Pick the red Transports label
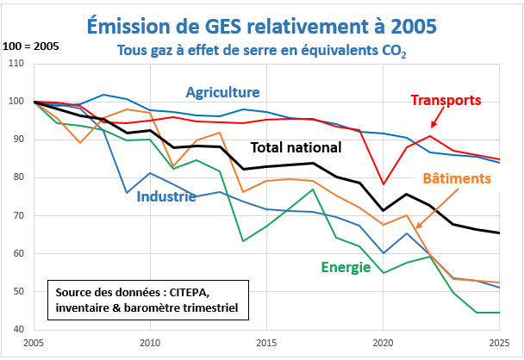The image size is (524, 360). [x=445, y=101]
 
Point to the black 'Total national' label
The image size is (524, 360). [x=297, y=147]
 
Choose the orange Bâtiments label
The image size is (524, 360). [x=457, y=178]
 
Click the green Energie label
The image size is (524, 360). [x=346, y=267]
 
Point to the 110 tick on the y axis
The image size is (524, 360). [x=15, y=64]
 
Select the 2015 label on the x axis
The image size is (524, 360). [x=265, y=342]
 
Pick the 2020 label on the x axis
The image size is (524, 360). [x=382, y=342]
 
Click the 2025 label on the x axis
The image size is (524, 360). [x=498, y=342]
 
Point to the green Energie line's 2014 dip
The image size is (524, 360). [x=243, y=240]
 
